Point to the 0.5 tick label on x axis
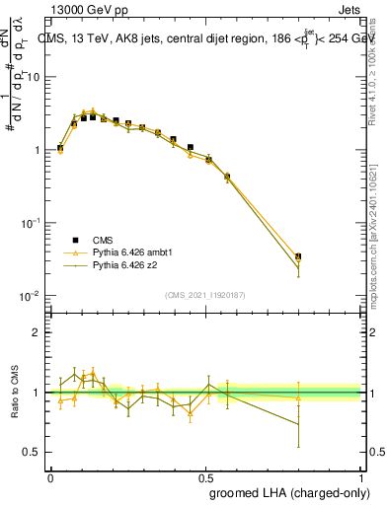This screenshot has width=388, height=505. coord(205,475)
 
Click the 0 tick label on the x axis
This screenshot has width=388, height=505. coord(50,475)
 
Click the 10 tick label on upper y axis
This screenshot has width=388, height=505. coord(35,77)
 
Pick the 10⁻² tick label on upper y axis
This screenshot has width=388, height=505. coord(31,296)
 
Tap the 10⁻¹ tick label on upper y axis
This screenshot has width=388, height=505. coord(31,223)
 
